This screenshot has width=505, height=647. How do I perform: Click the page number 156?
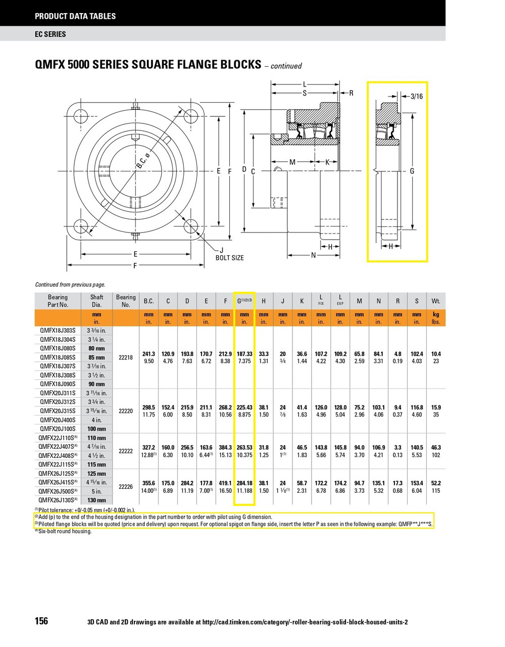click(x=41, y=621)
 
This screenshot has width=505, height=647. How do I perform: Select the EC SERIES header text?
click(x=50, y=34)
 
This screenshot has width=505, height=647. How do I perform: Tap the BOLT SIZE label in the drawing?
click(x=229, y=258)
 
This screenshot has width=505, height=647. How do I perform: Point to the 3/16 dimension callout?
click(x=417, y=96)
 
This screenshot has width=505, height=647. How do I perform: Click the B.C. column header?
click(x=149, y=301)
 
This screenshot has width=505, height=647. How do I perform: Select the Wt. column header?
click(x=435, y=301)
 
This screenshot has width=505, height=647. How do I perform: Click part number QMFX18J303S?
click(x=58, y=331)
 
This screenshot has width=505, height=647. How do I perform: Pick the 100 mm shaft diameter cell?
click(x=96, y=429)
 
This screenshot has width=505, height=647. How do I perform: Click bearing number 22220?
click(x=125, y=411)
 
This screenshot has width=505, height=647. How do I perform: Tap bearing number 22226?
click(x=125, y=487)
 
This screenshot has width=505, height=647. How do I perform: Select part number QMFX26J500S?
click(x=58, y=491)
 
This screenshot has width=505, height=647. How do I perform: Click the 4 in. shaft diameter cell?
click(x=96, y=420)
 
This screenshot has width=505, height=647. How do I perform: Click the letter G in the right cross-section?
click(x=412, y=171)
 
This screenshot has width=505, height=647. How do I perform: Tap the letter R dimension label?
click(x=351, y=93)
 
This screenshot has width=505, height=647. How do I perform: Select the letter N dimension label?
click(x=313, y=255)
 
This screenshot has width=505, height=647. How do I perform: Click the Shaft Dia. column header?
click(x=96, y=301)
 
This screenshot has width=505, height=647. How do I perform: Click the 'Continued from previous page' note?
click(x=70, y=285)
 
